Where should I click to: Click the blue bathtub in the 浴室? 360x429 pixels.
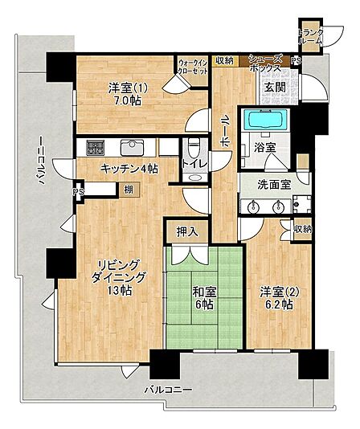point(265,121)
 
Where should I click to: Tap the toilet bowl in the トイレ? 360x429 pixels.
point(194,145)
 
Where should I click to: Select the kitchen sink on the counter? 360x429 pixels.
point(133,147)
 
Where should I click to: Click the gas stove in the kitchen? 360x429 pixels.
point(96,148)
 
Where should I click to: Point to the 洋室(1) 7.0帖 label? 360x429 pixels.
point(128,94)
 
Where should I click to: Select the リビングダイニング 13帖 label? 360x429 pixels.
point(118,277)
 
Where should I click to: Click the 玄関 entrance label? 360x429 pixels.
point(275,88)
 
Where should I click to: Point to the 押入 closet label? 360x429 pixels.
point(187,232)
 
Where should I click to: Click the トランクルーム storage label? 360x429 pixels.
point(310,36)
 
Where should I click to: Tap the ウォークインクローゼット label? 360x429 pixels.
point(193,66)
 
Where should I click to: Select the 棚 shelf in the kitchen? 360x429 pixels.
point(129,190)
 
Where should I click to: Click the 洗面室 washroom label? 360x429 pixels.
point(274,185)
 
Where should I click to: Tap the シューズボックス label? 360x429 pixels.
point(265,63)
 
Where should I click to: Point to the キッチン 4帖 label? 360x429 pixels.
point(129,169)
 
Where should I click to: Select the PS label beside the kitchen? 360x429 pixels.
point(78,192)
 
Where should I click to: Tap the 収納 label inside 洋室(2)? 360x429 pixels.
point(303,229)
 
